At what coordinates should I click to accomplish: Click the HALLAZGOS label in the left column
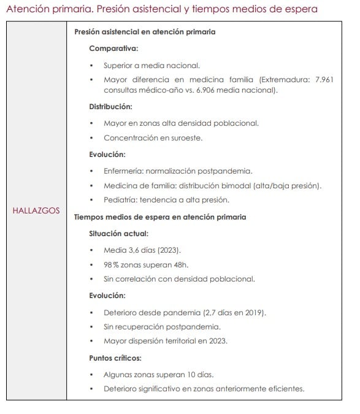36,210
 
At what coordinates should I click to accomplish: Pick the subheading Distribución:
110,106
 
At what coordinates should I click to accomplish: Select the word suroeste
185,138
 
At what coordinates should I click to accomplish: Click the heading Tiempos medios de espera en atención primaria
160,217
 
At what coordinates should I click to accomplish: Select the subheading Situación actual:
118,233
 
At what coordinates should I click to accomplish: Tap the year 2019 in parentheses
253,313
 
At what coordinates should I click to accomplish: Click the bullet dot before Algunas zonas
91,374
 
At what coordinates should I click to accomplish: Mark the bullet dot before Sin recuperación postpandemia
91,327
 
